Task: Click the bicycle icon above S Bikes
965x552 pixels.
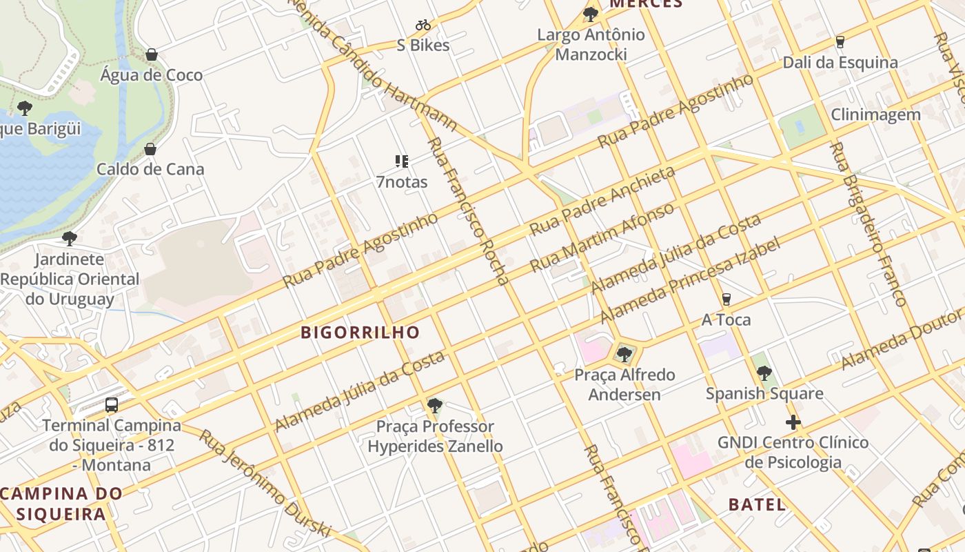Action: (423, 26)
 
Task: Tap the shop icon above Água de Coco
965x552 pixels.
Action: (152, 55)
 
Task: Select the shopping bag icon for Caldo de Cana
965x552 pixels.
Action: (150, 149)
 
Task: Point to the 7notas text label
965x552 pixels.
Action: (402, 182)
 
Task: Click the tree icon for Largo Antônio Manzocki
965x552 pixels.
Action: (590, 14)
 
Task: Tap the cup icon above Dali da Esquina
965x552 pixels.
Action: (840, 42)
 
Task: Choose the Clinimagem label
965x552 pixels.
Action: (875, 115)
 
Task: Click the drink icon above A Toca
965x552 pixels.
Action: (726, 299)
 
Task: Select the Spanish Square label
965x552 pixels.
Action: (764, 393)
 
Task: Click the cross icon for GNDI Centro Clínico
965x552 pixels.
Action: (793, 422)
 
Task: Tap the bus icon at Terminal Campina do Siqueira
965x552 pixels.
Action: (112, 405)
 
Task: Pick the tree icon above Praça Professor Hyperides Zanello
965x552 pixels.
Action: (434, 406)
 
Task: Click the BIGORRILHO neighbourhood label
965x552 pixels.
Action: (360, 333)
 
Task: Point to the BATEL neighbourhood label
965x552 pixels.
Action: (757, 504)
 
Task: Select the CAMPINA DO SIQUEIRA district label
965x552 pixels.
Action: (61, 504)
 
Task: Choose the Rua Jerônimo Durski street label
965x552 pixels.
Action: (266, 483)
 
